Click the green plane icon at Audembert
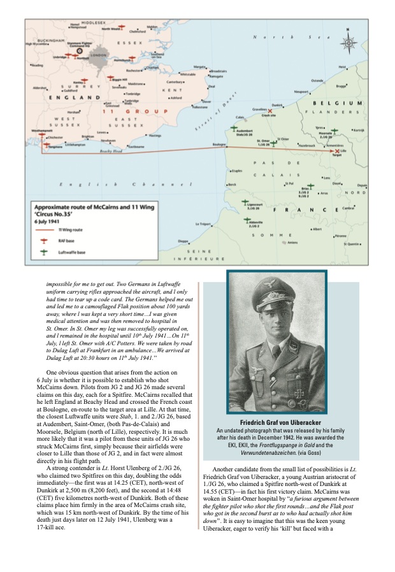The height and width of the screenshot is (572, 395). (236, 129)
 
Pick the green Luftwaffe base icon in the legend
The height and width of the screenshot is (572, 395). (44, 252)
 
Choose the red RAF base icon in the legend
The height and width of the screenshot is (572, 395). (44, 241)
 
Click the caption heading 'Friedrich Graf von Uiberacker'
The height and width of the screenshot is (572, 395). (277, 423)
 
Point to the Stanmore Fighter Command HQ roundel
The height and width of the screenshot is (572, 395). (78, 50)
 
